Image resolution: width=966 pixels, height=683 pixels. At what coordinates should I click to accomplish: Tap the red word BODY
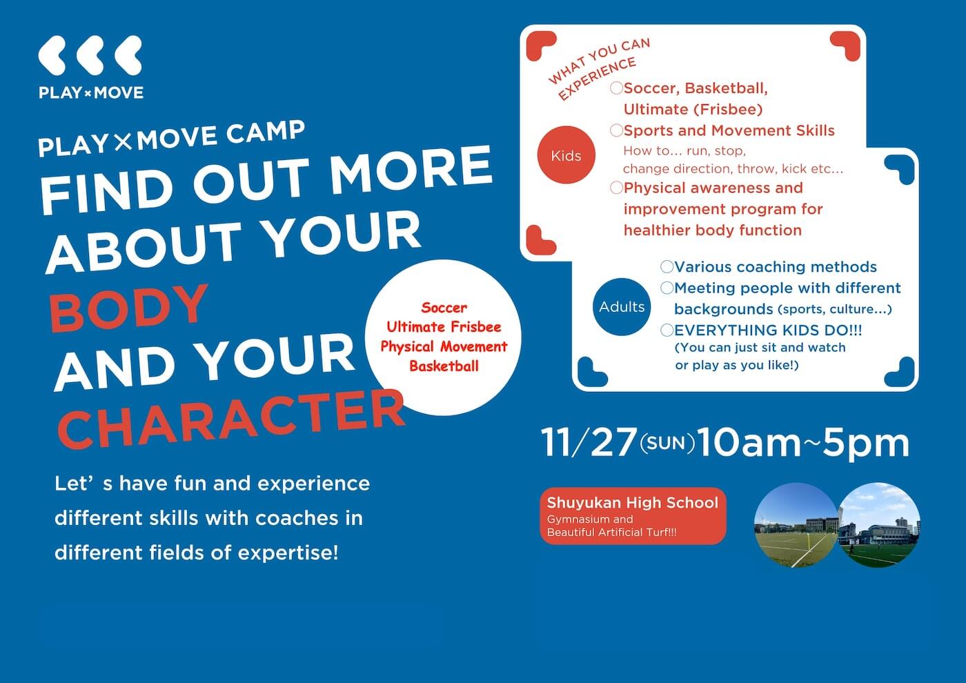point(129,307)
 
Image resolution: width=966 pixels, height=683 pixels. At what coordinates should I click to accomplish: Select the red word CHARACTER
point(231,418)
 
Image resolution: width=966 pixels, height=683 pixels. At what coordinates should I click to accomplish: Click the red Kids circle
point(566,155)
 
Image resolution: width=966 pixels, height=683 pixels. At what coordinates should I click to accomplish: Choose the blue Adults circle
point(621,307)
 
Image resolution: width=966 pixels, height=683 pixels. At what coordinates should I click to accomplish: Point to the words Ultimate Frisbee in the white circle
point(444,327)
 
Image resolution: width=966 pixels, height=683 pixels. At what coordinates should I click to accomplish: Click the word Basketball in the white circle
point(444,366)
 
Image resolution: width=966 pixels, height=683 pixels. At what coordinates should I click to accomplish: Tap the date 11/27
point(588,443)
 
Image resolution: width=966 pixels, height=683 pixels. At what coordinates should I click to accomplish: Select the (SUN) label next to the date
point(667,443)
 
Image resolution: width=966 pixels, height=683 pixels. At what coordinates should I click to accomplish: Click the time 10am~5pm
point(803,443)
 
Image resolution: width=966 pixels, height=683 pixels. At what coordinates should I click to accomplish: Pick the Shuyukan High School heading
point(633,503)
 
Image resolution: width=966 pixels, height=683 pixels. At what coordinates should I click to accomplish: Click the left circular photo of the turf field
point(795,525)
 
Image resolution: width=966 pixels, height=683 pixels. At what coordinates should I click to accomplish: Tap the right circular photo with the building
point(880,525)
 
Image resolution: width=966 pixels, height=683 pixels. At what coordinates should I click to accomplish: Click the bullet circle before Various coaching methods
point(667,267)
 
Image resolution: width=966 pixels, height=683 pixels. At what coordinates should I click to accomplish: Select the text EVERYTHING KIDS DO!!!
point(768,330)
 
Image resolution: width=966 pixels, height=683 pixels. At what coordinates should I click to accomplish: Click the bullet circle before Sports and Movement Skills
point(616,130)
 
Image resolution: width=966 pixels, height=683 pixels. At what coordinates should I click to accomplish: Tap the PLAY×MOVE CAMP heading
point(171,137)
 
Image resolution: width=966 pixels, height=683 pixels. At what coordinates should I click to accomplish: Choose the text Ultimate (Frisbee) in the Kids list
point(693,109)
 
